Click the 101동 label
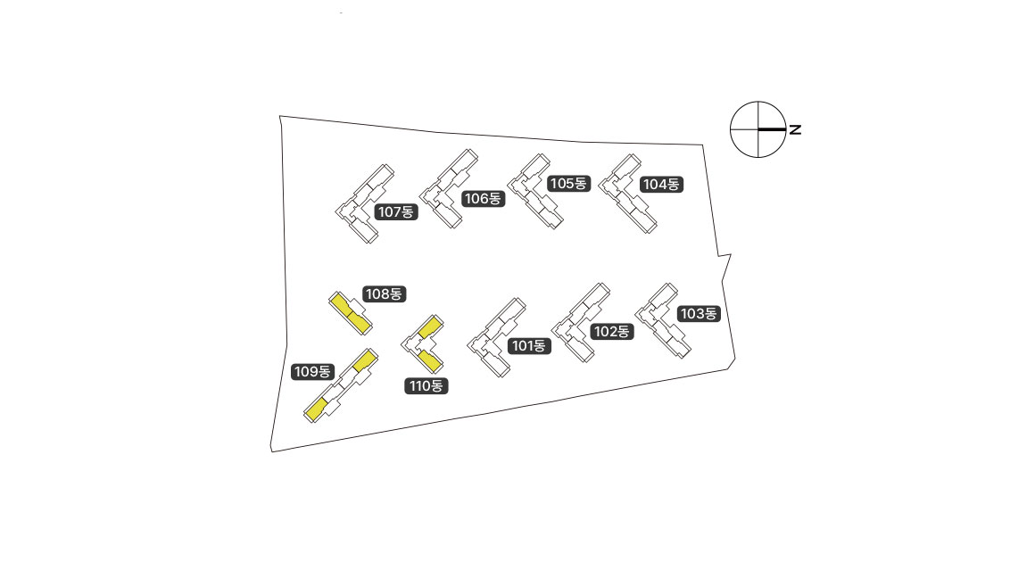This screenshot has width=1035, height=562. coord(528,346)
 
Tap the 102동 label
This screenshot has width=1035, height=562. coord(612,331)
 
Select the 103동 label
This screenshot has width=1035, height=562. coord(699,313)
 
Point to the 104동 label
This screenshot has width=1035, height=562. coord(661,185)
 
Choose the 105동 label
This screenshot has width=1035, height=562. coord(568,184)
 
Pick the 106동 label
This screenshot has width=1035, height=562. coord(483,198)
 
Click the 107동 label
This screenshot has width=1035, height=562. coord(396,211)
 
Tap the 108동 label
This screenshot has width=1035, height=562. coord(385,293)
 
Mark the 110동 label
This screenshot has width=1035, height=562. coord(426,386)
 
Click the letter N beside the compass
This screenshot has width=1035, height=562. coord(795,130)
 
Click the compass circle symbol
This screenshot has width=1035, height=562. coord(758,129)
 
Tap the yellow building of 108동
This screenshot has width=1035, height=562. coord(348,312)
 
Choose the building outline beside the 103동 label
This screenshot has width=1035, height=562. coord(664,321)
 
